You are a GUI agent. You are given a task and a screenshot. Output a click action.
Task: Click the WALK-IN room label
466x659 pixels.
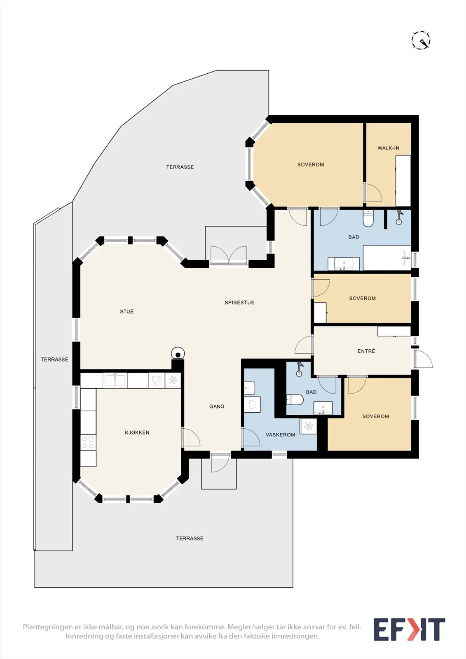click(388, 148)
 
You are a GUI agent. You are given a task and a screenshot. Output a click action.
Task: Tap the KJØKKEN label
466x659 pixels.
click(137, 432)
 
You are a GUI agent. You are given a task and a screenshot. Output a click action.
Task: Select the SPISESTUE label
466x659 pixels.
click(239, 302)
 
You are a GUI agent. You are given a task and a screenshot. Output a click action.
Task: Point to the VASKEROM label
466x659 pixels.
click(280, 435)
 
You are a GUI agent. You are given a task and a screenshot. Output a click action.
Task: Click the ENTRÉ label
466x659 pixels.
click(366, 351)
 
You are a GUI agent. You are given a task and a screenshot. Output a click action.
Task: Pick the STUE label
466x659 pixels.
click(126, 311)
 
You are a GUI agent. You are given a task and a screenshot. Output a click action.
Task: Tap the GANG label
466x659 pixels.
click(217, 406)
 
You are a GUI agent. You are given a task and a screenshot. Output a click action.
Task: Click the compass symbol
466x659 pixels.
click(421, 40)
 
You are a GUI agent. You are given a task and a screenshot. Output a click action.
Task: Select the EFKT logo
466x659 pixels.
click(409, 629)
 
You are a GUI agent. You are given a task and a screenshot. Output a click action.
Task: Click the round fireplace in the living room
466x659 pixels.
click(178, 353)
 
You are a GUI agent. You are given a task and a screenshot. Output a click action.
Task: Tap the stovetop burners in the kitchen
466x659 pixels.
click(88, 442)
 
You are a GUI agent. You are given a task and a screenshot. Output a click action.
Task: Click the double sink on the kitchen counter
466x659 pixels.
click(115, 381)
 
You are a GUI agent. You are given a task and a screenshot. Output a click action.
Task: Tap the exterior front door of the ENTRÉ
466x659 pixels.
click(423, 359)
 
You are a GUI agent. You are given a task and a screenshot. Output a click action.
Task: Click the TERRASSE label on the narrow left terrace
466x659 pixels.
click(54, 359)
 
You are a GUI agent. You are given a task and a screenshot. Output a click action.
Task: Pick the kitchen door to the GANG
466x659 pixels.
click(191, 437)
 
